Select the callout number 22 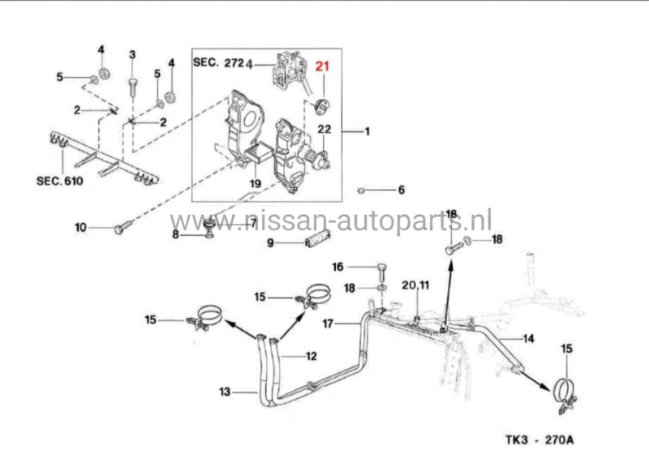324,130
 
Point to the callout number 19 255,184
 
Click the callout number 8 175,234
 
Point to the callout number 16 338,266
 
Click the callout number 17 329,324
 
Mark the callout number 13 224,392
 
